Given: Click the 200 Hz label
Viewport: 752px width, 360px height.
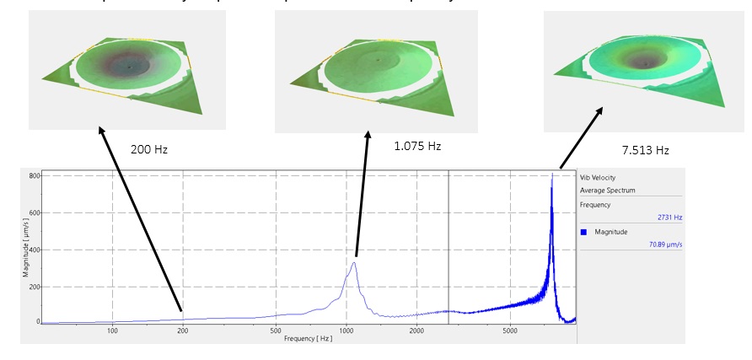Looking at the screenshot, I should (149, 149).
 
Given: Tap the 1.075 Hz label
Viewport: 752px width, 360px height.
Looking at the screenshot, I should (417, 146).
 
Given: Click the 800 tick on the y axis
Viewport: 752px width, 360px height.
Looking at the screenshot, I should (34, 175).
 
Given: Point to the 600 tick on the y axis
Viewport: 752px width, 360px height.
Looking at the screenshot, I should (34, 212).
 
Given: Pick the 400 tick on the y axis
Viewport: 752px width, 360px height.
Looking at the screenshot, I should (34, 250).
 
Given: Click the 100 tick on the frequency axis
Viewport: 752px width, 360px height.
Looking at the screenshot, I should (112, 331).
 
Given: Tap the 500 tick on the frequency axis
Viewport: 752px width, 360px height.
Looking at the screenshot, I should (276, 331).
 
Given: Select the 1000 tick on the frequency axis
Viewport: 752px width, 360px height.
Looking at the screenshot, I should (346, 331).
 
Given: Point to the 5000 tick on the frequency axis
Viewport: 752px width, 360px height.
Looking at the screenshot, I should (509, 331).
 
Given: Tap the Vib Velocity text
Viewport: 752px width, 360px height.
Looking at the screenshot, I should (598, 178).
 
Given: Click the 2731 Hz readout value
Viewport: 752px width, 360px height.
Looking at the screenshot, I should (670, 218).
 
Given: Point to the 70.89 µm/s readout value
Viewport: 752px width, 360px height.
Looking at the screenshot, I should (667, 245).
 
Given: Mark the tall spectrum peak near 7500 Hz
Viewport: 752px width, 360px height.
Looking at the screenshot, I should (552, 175).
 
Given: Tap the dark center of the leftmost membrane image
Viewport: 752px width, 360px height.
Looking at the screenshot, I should (128, 64).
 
